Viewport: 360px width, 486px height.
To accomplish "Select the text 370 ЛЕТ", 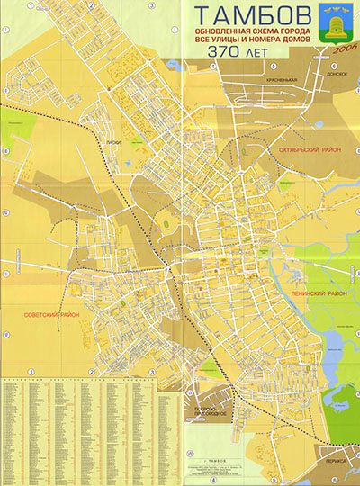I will [237, 53].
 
